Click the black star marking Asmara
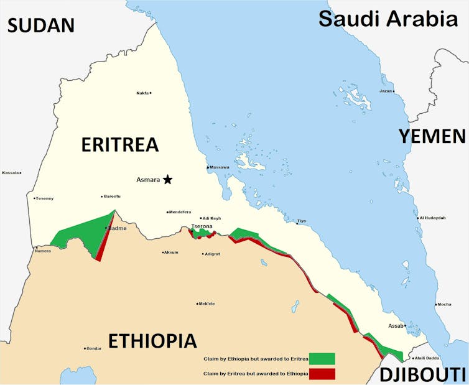point(167,180)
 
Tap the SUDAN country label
point(41,25)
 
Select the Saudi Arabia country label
point(388,19)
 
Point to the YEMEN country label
point(432,137)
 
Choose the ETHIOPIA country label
point(152,341)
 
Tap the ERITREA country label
point(120,145)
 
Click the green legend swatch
point(322,359)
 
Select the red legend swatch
point(322,373)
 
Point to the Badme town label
point(118,228)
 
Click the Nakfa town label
point(142,93)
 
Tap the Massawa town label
point(220,167)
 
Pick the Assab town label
point(396,325)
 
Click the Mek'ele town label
point(207,304)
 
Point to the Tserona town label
point(202,226)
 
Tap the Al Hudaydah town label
point(433,218)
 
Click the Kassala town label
point(10,172)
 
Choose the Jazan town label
point(385,91)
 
